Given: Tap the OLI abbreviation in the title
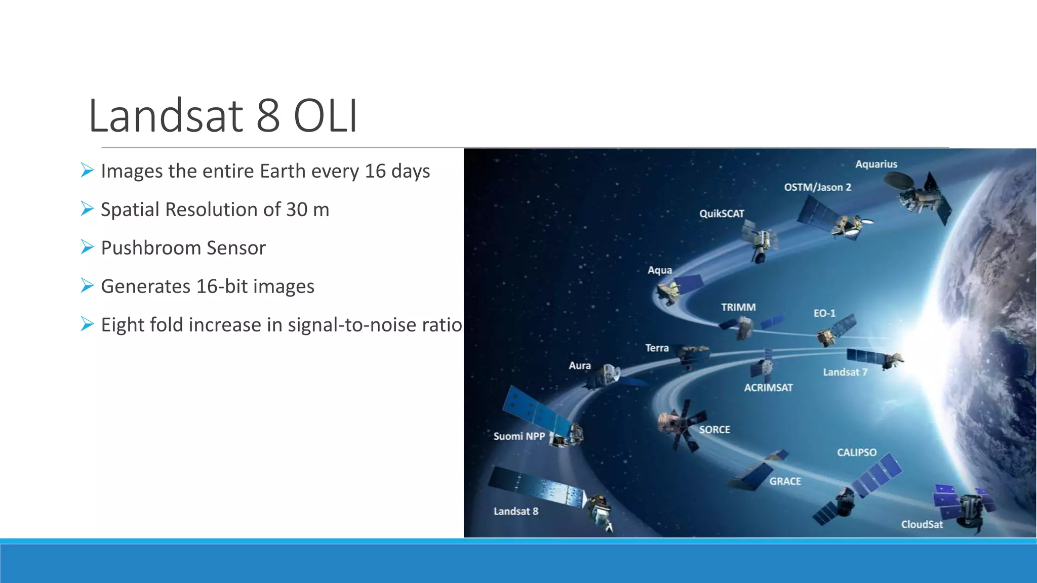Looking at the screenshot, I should (x=326, y=116).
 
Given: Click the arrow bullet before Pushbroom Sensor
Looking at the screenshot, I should (x=87, y=247).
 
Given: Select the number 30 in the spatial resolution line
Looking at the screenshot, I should (x=297, y=210).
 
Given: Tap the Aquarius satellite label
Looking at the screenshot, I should (x=876, y=164).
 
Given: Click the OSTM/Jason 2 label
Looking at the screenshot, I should (x=817, y=187).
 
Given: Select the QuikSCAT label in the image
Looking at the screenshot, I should (x=722, y=214).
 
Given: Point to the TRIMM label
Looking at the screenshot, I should (x=738, y=307).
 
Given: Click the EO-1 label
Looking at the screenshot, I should (x=824, y=313).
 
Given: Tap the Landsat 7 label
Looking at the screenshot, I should (x=845, y=372).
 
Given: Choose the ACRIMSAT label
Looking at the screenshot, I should (x=768, y=388).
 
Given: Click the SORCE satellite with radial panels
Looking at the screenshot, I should (x=679, y=425).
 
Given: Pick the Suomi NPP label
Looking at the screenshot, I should (x=519, y=436).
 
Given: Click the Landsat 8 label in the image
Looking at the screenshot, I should (x=516, y=511).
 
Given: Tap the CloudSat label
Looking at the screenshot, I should (x=922, y=524).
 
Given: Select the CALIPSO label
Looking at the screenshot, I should (x=856, y=452).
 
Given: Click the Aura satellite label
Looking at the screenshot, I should (x=580, y=365).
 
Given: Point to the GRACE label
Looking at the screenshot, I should (x=785, y=481).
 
